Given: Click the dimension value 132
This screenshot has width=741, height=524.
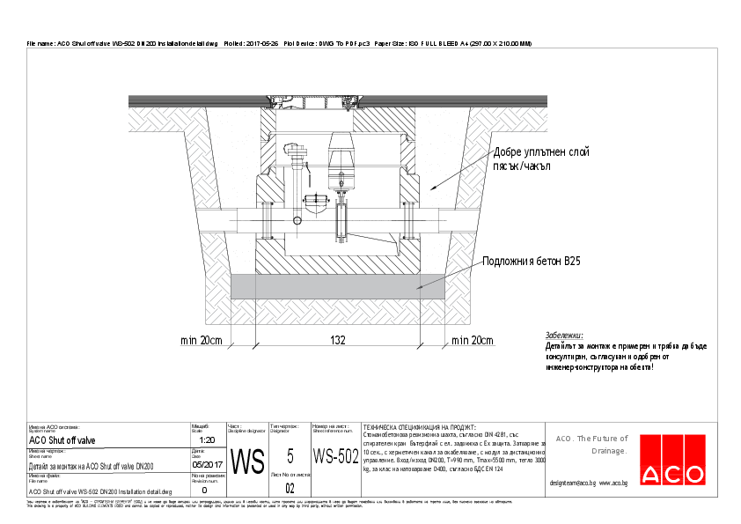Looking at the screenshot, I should (337, 340).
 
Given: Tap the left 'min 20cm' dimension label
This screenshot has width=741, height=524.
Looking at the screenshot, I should (202, 340).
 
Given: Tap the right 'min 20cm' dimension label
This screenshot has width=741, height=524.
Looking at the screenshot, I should (472, 340).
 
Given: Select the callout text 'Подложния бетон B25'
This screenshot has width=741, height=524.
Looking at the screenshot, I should (531, 262).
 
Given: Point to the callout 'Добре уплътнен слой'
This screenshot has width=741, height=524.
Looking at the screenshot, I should (541, 152).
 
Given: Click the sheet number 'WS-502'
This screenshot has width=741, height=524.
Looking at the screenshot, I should (336, 456).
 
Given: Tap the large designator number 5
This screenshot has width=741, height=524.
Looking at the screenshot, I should (290, 455).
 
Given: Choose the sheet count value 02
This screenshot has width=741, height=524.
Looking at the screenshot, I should (290, 488).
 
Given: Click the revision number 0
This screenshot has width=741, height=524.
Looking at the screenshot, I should (204, 490).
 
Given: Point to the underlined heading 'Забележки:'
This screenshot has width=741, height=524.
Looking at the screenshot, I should (564, 336).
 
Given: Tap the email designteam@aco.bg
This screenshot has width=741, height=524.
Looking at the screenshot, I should (572, 483).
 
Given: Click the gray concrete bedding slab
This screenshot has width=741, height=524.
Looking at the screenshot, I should (337, 284).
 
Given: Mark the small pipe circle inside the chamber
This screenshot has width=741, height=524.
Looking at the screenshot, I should (298, 220).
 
